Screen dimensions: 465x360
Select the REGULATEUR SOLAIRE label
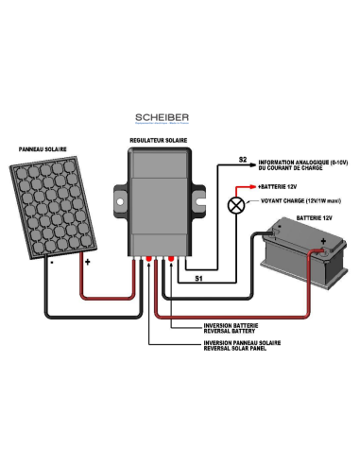pyautogui.click(x=158, y=140)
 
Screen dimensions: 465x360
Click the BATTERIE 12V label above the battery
pyautogui.click(x=315, y=216)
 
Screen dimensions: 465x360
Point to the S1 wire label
pyautogui.click(x=197, y=280)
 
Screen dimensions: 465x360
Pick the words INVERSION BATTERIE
pyautogui.click(x=233, y=324)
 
